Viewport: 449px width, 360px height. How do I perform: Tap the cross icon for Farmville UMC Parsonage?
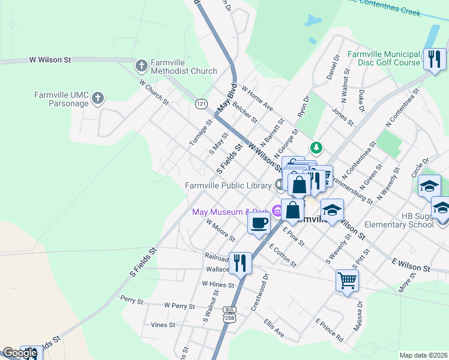[98, 98]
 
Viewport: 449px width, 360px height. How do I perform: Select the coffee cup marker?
[259, 224]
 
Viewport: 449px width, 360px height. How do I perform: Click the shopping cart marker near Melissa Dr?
[347, 280]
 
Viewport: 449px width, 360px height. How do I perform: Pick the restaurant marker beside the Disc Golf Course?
[435, 59]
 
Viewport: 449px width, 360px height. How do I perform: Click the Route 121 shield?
[202, 104]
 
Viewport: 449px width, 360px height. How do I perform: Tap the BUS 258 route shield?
[229, 314]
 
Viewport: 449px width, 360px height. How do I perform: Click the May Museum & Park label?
[230, 212]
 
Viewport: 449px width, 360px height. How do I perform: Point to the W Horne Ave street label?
[257, 98]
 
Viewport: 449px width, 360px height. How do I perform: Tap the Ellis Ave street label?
[273, 328]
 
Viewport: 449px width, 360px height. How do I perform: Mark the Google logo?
[20, 353]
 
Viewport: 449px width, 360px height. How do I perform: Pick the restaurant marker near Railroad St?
[240, 262]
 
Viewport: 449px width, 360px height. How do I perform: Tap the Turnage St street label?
[200, 132]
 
